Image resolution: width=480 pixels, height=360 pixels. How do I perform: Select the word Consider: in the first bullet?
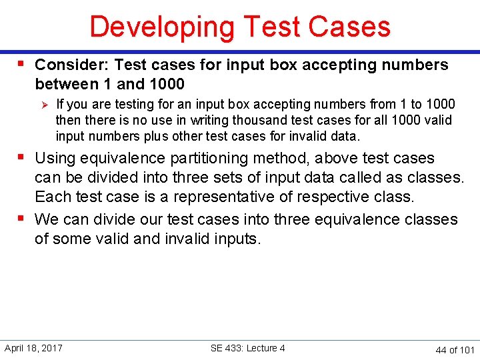(x=71, y=65)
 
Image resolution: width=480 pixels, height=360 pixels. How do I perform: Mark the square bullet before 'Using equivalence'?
(x=21, y=157)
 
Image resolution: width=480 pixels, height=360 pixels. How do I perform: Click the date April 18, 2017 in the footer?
(x=33, y=348)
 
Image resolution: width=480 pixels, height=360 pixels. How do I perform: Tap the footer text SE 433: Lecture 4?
(x=247, y=348)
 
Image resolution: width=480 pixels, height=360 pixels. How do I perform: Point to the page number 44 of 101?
(x=455, y=349)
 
